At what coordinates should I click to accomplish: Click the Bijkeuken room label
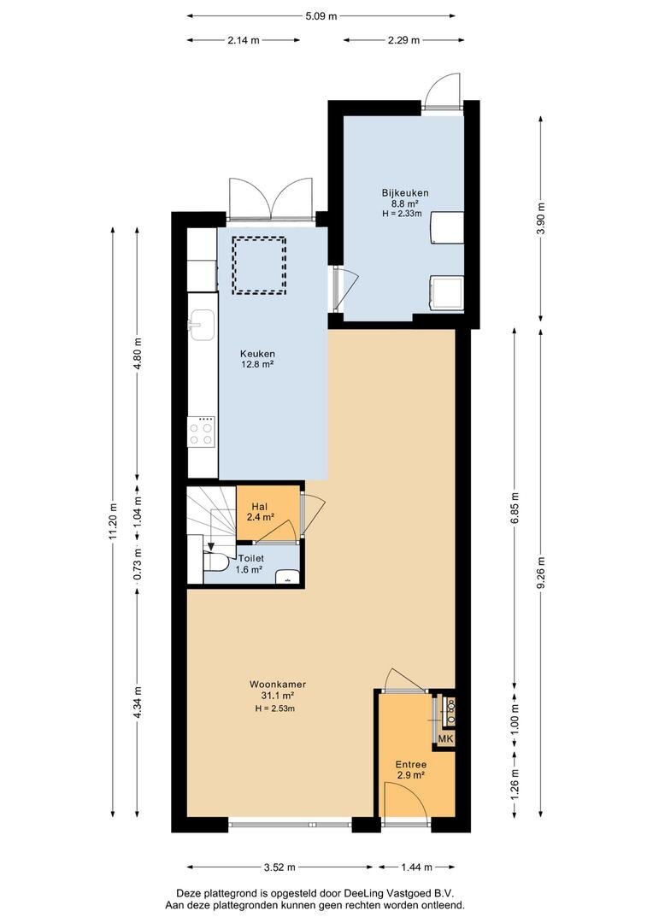point(404,192)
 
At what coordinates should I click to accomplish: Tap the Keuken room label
point(257,354)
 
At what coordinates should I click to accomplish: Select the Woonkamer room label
point(278,685)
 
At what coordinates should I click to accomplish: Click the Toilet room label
point(250,558)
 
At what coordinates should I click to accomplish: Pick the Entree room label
point(411,765)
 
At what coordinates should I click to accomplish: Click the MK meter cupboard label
point(446,738)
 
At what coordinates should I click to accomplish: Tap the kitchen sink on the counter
point(202,325)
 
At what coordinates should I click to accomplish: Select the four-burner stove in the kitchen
point(201,432)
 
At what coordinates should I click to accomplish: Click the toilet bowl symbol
point(215,562)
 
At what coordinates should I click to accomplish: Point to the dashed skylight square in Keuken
point(258,266)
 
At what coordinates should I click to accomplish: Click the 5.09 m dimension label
point(321,16)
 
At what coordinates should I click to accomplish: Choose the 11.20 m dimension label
point(114,520)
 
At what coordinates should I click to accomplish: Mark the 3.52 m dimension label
point(279,867)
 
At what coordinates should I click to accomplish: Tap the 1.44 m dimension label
point(417,867)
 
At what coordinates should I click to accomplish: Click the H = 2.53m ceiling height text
point(275,708)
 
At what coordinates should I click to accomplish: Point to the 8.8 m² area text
point(404,203)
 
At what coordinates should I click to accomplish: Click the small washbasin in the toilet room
point(287,577)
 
